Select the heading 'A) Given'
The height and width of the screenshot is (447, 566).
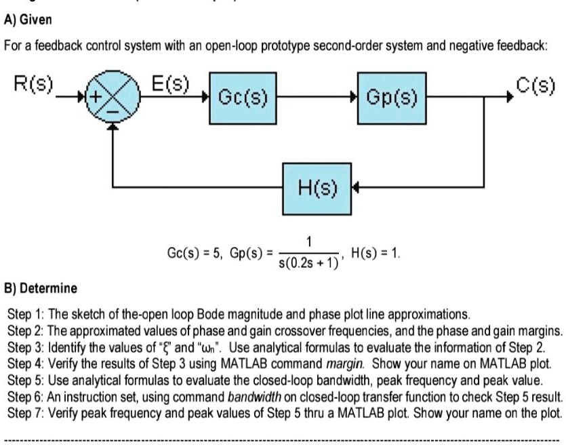pyautogui.click(x=28, y=19)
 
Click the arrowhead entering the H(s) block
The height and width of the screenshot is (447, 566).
pyautogui.click(x=355, y=186)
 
